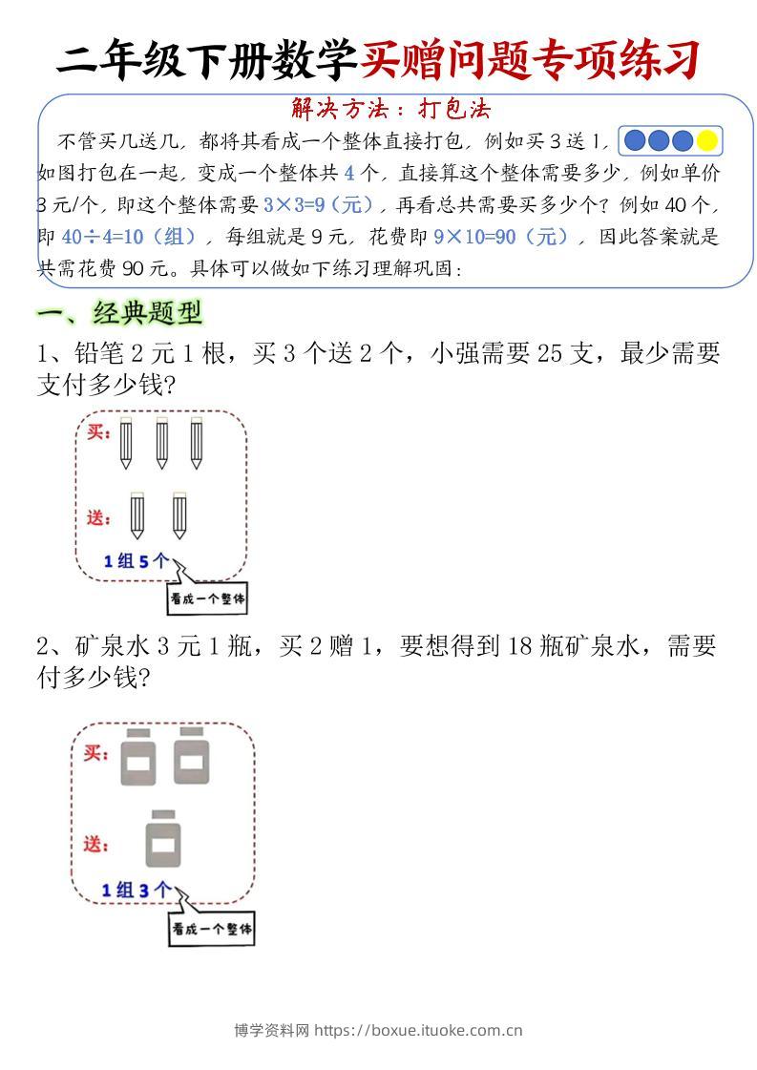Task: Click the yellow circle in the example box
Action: point(706,141)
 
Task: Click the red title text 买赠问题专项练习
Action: point(531,60)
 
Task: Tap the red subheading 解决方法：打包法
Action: point(390,109)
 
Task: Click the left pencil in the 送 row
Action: point(139,515)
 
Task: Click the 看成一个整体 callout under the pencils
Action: point(207,599)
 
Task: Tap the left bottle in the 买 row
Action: point(138,757)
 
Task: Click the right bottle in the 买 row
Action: point(192,757)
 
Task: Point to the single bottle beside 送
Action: point(163,838)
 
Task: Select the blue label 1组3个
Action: point(137,891)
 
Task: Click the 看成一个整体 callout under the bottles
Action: point(212,929)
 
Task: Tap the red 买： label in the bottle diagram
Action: point(95,754)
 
